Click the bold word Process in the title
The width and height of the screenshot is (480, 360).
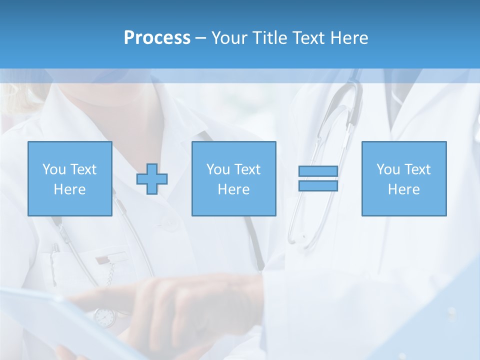point(157,38)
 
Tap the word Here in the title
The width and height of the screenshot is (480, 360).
point(349,38)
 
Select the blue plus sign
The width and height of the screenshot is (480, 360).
point(152,178)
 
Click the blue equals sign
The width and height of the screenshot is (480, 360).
point(318,178)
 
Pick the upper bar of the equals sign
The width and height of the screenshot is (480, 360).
point(318,171)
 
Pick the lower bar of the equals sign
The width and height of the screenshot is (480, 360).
point(318,185)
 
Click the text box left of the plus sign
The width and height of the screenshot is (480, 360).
point(69,178)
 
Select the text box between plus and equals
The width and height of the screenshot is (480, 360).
point(233,178)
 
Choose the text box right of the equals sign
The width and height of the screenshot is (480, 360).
point(403,178)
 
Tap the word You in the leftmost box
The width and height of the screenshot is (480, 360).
point(54,169)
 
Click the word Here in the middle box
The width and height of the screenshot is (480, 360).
point(233,189)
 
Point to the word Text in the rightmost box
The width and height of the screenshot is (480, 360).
point(417,169)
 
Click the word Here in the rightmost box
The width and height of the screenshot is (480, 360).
point(403,189)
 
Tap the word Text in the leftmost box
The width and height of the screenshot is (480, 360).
point(83,169)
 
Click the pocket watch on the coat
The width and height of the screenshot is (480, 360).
point(104,317)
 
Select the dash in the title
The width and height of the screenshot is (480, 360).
point(201,38)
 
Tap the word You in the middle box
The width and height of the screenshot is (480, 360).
point(218,169)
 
